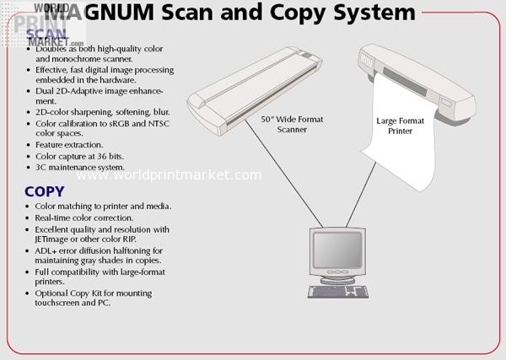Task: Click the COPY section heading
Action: pyautogui.click(x=45, y=191)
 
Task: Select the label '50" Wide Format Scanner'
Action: pyautogui.click(x=292, y=124)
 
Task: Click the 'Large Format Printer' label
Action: pyautogui.click(x=400, y=126)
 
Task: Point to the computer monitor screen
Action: pyautogui.click(x=337, y=250)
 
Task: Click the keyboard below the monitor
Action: pyautogui.click(x=338, y=292)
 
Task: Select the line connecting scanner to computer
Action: pyautogui.click(x=284, y=174)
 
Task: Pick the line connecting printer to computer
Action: pyautogui.click(x=361, y=195)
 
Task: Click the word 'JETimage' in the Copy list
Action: pyautogui.click(x=51, y=239)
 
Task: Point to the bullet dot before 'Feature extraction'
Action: pyautogui.click(x=29, y=145)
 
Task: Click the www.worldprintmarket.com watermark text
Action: pyautogui.click(x=169, y=175)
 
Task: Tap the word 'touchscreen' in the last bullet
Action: pyautogui.click(x=57, y=303)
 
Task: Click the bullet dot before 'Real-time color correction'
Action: pyautogui.click(x=28, y=218)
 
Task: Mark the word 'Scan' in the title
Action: pyautogui.click(x=187, y=13)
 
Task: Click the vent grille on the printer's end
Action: pyautogui.click(x=367, y=59)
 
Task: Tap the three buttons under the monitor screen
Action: pyautogui.click(x=338, y=272)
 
